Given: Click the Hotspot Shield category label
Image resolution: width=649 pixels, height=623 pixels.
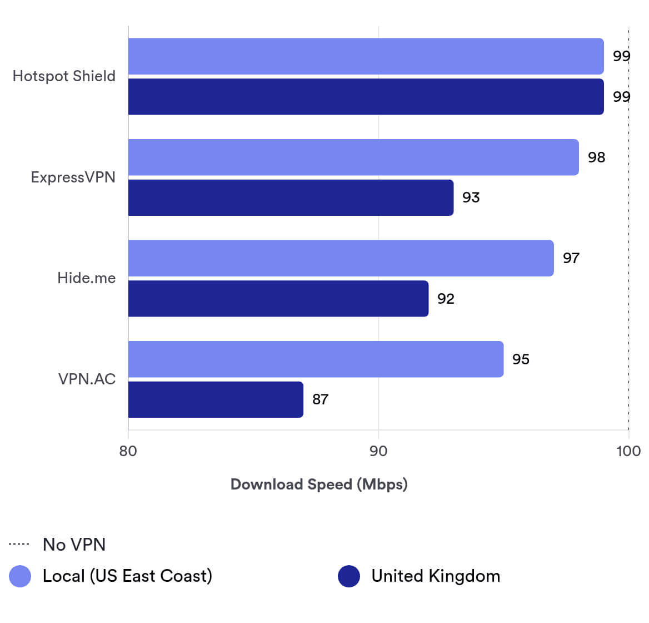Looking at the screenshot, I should [x=64, y=76].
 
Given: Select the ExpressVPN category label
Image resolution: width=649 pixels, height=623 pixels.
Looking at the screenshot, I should [x=73, y=177].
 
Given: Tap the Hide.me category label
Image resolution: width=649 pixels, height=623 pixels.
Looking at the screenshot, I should [x=86, y=278].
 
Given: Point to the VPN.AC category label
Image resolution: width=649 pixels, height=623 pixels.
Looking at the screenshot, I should [x=87, y=379].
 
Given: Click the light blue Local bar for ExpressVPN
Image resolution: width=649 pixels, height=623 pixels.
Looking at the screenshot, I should [x=353, y=157].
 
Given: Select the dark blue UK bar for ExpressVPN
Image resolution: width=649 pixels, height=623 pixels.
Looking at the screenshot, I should [x=291, y=197].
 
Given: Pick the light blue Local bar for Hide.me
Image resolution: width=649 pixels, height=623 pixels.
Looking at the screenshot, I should [x=341, y=258].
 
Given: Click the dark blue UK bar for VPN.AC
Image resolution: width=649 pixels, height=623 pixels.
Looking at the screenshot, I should [x=216, y=399].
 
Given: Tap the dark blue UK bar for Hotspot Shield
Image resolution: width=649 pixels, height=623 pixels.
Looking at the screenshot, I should [x=366, y=97].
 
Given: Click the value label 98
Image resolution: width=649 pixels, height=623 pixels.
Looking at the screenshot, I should [x=596, y=157].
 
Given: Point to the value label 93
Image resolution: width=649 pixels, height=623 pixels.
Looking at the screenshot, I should [x=471, y=197].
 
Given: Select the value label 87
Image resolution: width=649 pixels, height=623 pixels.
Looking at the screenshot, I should [x=320, y=399].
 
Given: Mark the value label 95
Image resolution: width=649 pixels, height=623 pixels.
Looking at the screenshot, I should [x=521, y=359].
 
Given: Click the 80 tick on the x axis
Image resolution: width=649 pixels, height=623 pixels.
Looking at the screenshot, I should [x=128, y=451].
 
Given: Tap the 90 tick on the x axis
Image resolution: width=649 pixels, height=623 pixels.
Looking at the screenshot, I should [x=378, y=451].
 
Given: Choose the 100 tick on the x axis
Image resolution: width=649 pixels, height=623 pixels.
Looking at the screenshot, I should [x=628, y=451].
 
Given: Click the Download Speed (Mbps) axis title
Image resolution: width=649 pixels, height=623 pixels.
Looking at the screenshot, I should [x=319, y=484].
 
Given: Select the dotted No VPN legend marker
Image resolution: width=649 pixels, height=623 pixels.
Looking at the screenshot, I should [x=19, y=544].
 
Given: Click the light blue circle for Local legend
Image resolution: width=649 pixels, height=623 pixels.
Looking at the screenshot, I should [x=20, y=576].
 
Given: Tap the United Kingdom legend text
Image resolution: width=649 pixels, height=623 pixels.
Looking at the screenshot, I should [x=436, y=576].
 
